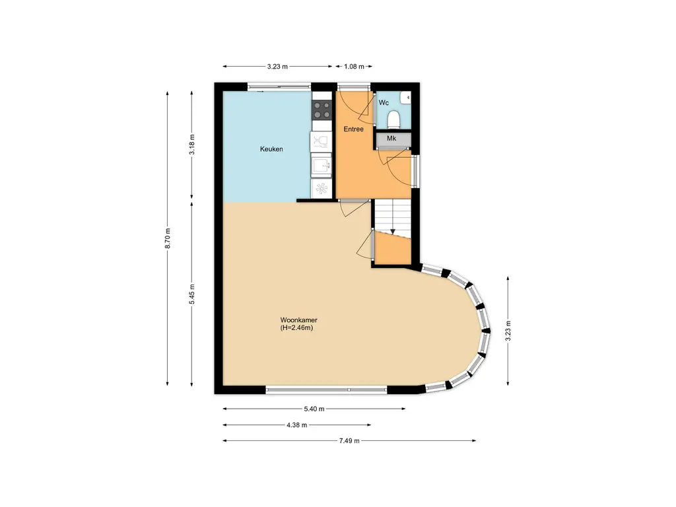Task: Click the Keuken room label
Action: [271, 149]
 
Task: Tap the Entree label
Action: [353, 129]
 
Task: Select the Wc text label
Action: [383, 103]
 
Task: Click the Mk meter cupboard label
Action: [391, 139]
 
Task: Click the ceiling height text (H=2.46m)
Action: [296, 327]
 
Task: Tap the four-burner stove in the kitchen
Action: [321, 110]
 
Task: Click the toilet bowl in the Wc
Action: [393, 119]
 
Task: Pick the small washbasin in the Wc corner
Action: [405, 99]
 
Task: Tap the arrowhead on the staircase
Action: [393, 232]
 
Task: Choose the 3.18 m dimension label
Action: [192, 144]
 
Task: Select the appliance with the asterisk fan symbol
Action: [321, 189]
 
